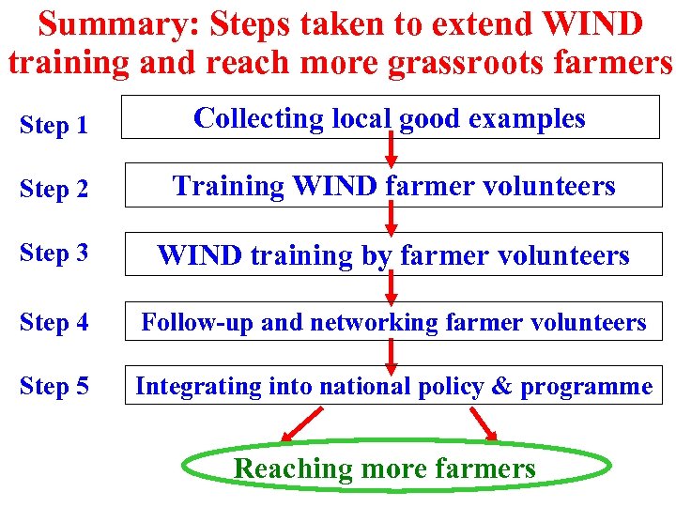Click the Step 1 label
54,125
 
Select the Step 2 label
54,190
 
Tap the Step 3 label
54,253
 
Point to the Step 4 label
54,322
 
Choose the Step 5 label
54,386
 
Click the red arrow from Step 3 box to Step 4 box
392,286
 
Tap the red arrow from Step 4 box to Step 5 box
392,352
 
